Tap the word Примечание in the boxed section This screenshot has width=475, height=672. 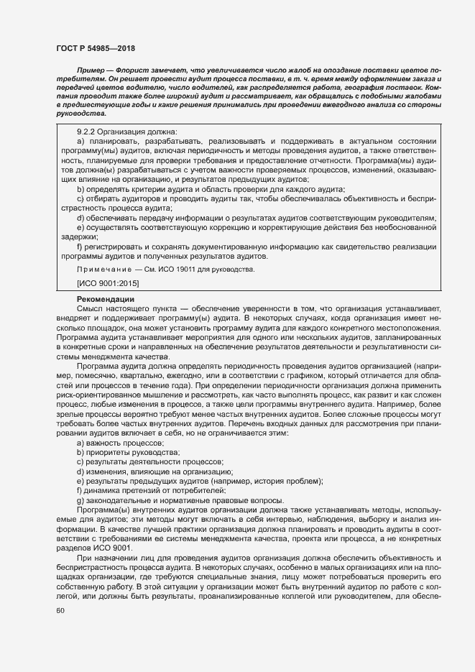click(x=101, y=269)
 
